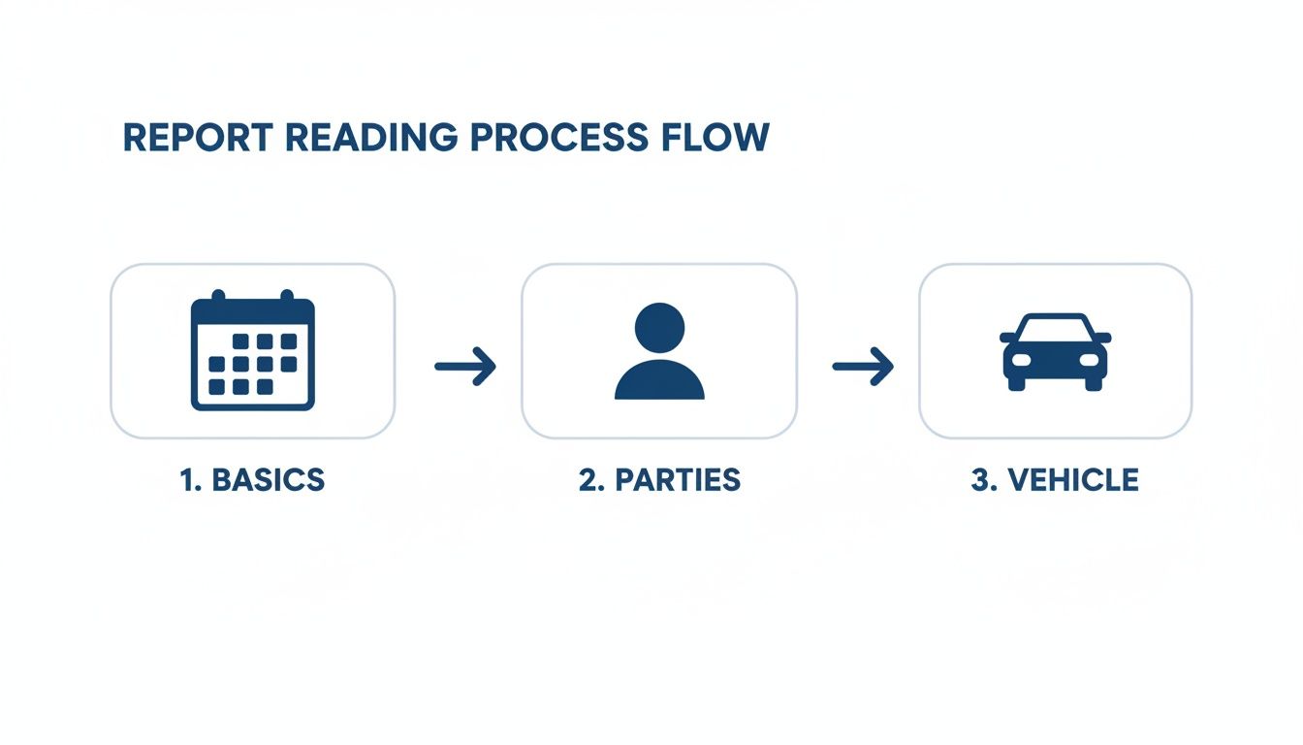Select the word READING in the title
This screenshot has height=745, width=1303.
point(370,138)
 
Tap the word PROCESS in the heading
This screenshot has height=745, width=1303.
point(560,138)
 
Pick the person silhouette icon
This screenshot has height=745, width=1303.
point(659,351)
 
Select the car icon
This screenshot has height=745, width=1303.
point(1055,351)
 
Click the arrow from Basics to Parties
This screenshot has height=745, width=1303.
point(464,366)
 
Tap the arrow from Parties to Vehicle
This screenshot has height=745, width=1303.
point(862,366)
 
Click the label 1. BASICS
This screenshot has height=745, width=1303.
point(253,479)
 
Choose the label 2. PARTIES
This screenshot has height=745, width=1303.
point(659,479)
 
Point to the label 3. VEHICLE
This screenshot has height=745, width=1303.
point(1055,479)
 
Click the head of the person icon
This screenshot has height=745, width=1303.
point(659,326)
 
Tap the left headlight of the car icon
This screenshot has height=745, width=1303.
point(1022,360)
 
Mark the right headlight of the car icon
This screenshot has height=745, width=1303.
point(1089,360)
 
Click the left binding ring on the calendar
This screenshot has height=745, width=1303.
point(219,296)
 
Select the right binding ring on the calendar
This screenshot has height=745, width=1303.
point(287,296)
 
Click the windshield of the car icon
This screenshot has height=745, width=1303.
point(1055,327)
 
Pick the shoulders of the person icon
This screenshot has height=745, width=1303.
point(659,382)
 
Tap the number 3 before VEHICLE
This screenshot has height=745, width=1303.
point(979,479)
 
